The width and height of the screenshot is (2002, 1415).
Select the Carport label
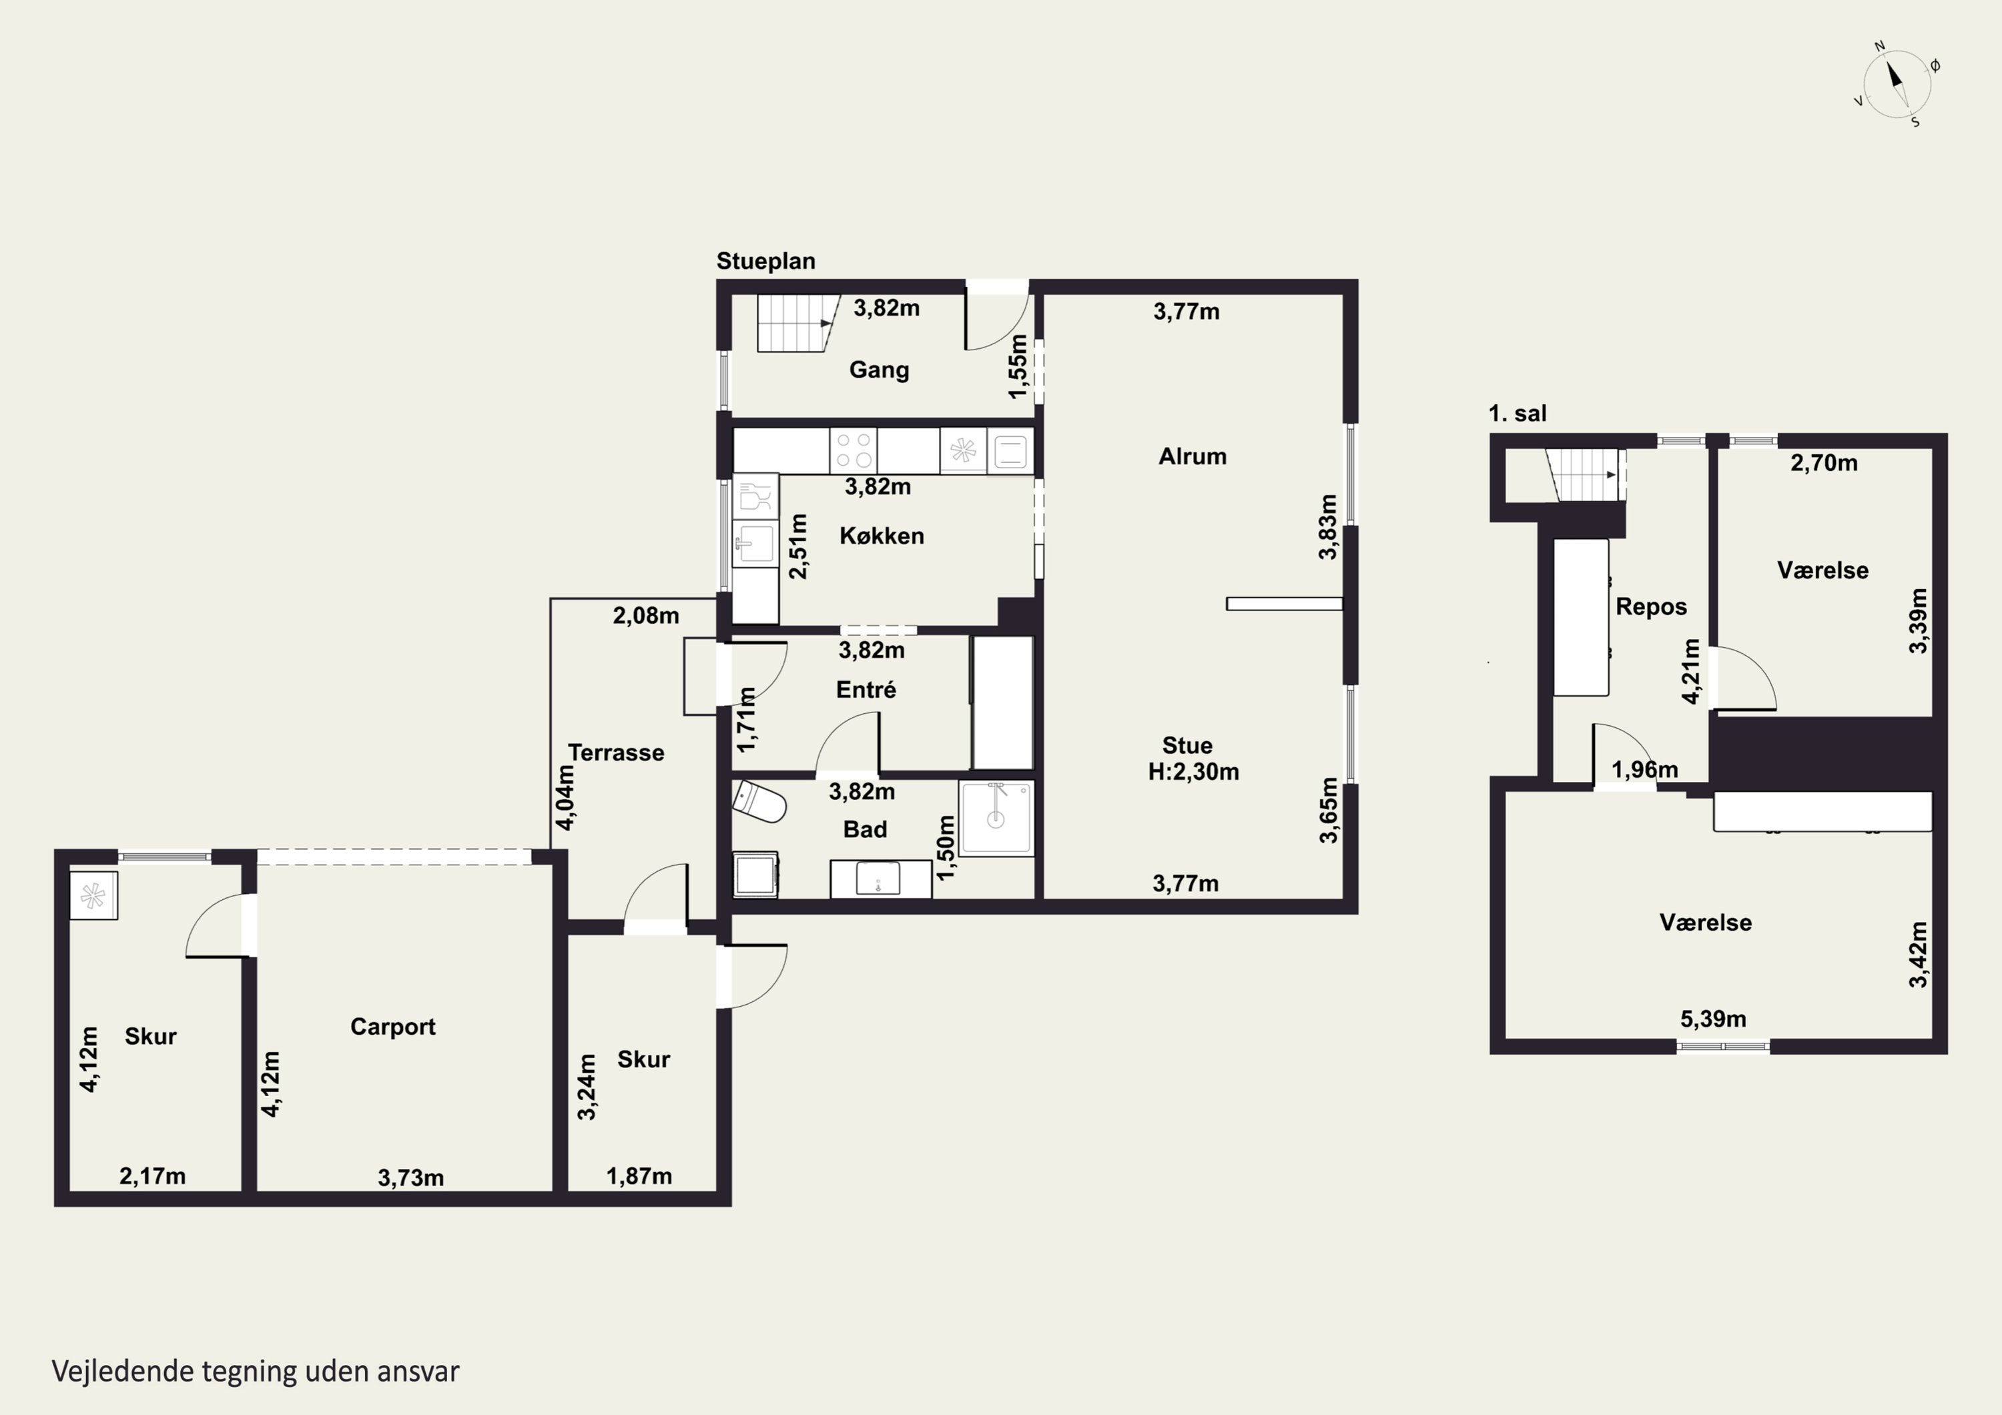click(392, 1027)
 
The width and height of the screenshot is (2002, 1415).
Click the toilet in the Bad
click(759, 802)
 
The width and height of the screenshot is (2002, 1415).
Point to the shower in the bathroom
click(996, 817)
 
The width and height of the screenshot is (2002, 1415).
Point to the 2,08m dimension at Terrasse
click(645, 616)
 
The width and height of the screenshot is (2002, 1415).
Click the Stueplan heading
click(765, 261)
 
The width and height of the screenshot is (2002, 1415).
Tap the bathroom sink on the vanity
click(878, 879)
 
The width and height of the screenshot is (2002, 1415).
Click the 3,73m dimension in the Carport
click(410, 1178)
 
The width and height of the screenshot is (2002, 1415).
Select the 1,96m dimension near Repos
click(1644, 770)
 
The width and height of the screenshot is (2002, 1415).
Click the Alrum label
click(1192, 456)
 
